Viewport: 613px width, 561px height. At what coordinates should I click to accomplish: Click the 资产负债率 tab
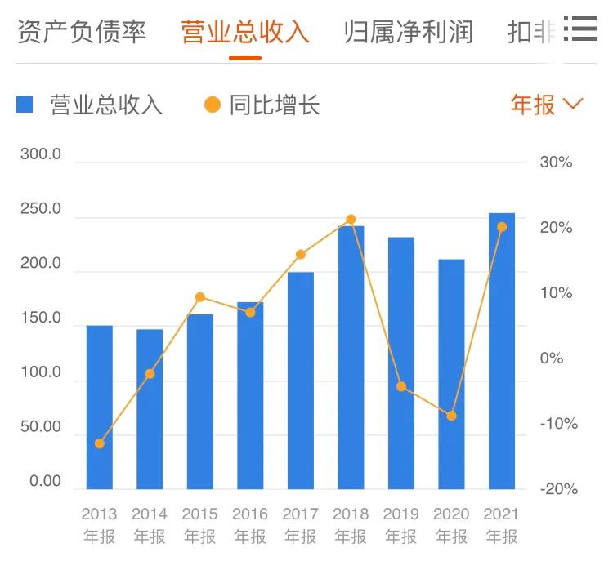pos(82,32)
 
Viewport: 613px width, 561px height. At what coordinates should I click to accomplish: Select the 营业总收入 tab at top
pos(245,32)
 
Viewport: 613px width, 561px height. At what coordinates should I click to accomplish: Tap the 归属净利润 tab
pos(409,32)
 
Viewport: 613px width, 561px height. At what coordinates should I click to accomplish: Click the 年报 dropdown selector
pos(547,105)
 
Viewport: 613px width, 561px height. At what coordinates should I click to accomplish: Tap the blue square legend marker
pos(25,105)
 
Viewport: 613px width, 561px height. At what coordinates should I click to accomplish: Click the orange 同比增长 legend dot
pos(213,105)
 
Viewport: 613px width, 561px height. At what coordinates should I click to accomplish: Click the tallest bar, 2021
pos(502,351)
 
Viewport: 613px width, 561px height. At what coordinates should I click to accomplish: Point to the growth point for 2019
pos(401,386)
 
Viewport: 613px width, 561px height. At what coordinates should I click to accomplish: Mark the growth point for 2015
pos(200,297)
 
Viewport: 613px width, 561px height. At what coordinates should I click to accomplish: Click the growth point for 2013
pos(100,443)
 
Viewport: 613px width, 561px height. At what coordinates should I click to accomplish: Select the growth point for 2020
pos(451,416)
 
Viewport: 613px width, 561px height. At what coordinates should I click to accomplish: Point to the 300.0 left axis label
pos(41,155)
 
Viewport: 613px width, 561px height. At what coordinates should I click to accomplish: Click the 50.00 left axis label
pos(41,427)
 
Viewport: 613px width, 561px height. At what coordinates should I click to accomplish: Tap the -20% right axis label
pos(559,489)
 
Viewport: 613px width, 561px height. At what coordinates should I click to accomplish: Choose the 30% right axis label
pos(557,162)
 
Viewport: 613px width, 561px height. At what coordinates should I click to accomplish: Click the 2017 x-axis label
pos(300,514)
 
